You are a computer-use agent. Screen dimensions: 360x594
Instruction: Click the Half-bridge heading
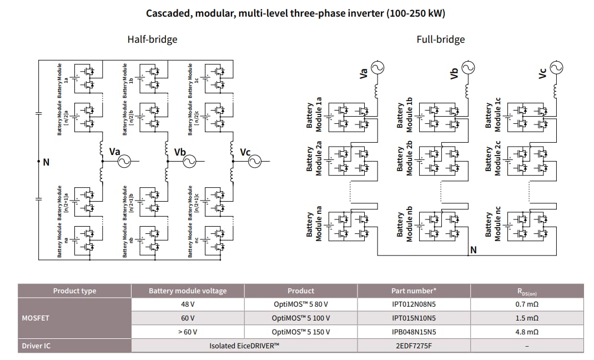[152, 39]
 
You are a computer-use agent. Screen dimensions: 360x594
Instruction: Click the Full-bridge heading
[440, 39]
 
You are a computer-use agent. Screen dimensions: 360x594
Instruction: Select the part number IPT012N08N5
[414, 304]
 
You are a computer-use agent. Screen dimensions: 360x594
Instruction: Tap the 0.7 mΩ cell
[527, 304]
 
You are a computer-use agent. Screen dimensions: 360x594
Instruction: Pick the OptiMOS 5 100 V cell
[301, 318]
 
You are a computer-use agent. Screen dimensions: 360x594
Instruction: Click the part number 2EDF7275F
[414, 346]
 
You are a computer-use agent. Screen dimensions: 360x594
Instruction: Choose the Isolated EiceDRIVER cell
[244, 346]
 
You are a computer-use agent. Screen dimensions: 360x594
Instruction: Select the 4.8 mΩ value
[527, 332]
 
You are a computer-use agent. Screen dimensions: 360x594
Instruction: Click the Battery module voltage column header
[188, 291]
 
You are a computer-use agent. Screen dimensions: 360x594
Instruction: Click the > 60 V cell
[188, 332]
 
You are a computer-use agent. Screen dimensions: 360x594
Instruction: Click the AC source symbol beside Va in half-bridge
[122, 161]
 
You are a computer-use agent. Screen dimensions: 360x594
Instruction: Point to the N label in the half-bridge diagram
[46, 162]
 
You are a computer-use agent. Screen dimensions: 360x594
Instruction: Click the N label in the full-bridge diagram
[473, 250]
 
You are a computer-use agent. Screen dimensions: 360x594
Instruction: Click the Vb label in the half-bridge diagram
[180, 152]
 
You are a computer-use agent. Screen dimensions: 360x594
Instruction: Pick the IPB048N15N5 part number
[414, 332]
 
